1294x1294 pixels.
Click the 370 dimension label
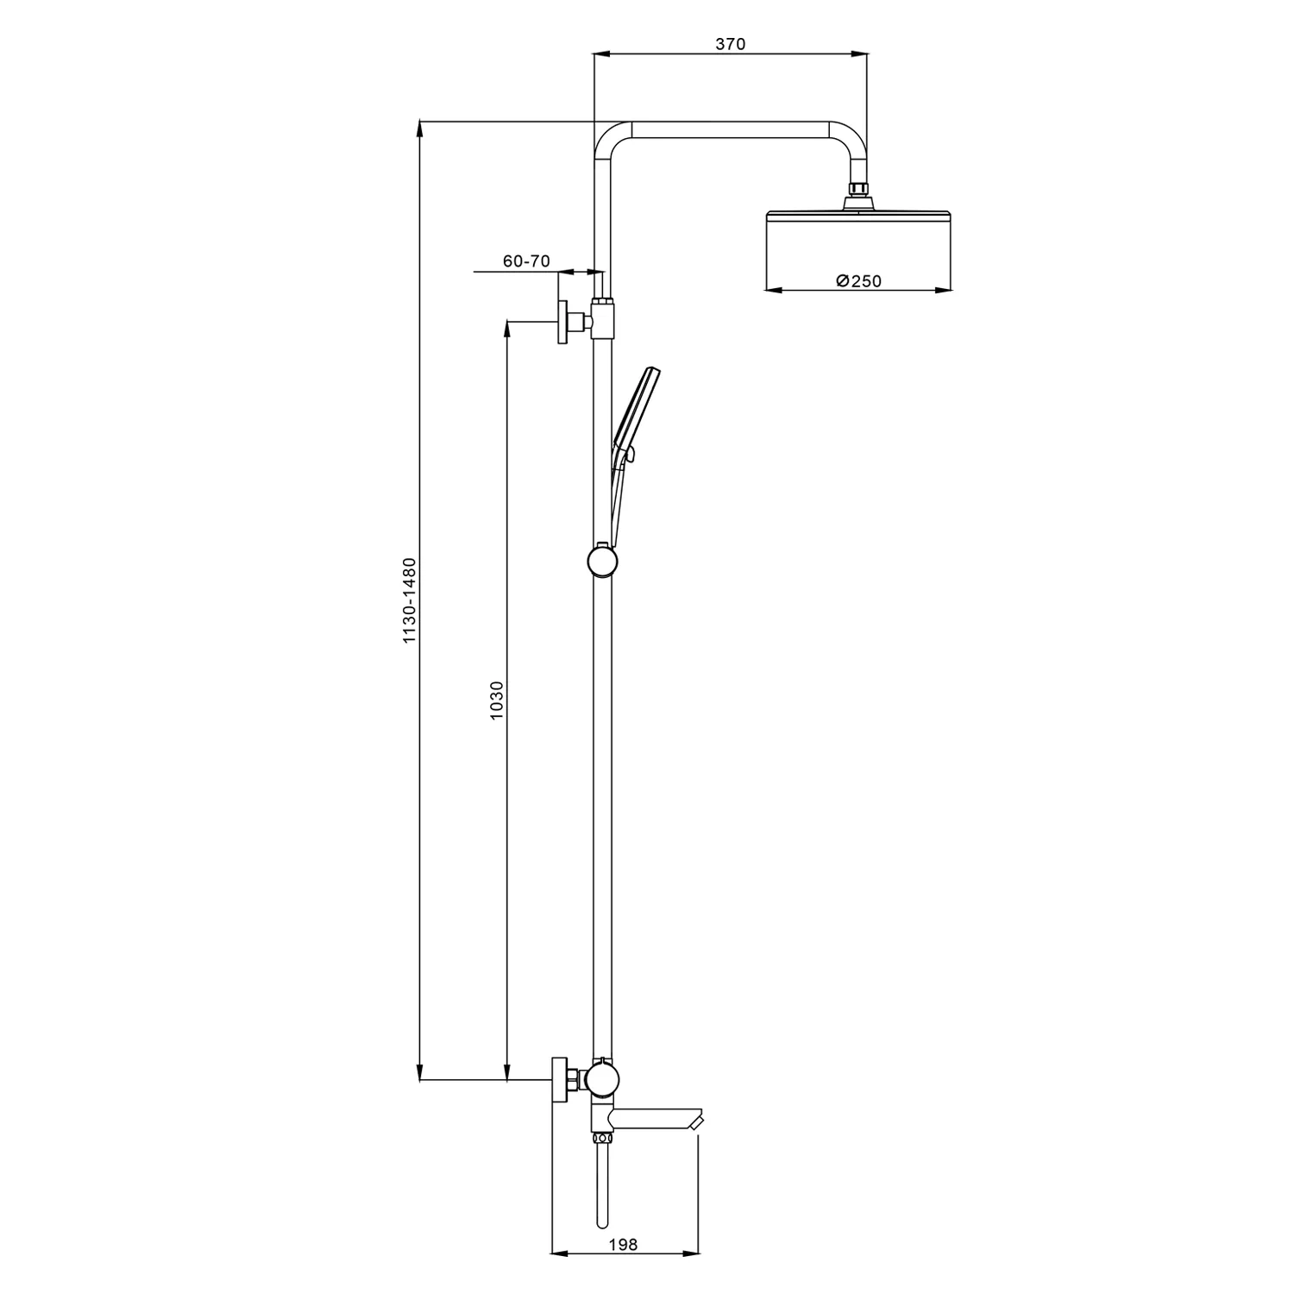730,44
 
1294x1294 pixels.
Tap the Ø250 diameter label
859,280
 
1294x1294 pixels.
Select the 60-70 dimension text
526,261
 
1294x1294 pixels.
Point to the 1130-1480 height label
410,600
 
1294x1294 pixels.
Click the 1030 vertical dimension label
496,701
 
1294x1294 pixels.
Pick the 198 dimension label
623,1244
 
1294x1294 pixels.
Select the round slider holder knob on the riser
601,562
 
